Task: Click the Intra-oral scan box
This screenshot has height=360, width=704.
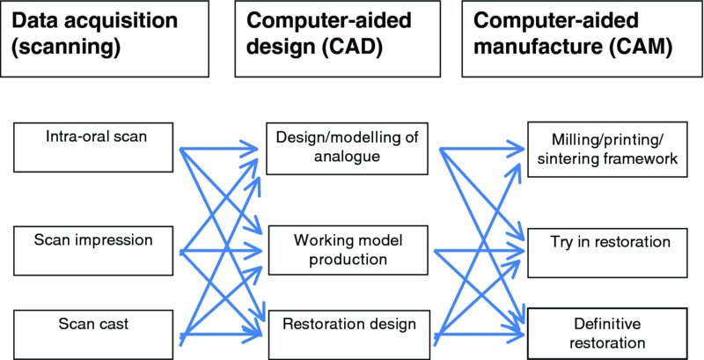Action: pyautogui.click(x=96, y=146)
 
